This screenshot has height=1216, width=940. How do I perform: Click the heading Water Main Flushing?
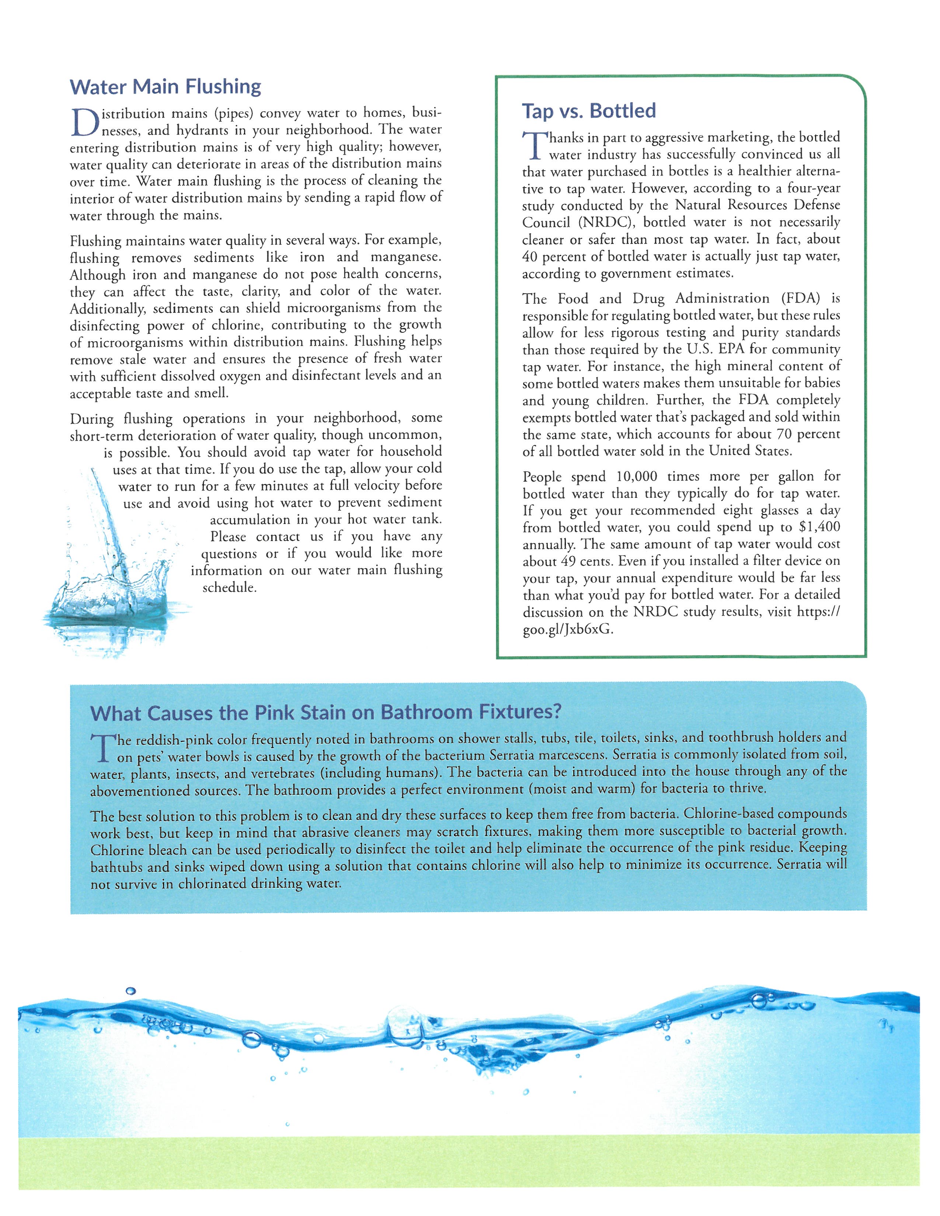166,87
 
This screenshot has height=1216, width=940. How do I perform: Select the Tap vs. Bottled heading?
589,111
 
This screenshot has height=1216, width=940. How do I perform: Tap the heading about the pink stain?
326,713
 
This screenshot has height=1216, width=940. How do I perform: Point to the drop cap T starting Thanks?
533,145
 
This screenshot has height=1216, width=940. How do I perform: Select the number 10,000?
636,476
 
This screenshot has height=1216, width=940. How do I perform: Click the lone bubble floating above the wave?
131,990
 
